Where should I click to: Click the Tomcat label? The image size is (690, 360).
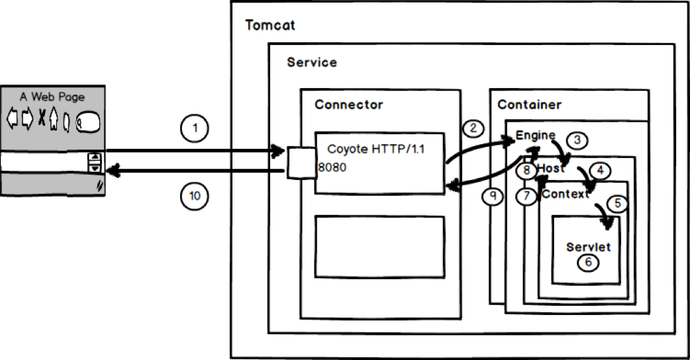point(270,26)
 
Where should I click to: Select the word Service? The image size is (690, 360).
point(311,62)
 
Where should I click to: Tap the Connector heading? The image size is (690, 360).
point(348,105)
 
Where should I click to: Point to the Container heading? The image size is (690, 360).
point(529,105)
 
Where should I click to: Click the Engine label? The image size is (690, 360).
point(535,136)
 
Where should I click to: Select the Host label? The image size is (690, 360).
point(551,169)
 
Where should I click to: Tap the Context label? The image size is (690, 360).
point(565,194)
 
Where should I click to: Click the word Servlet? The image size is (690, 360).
point(588,247)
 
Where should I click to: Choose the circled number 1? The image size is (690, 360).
point(193,130)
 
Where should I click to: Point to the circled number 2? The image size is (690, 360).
point(473,128)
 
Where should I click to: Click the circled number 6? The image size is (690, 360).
point(588,262)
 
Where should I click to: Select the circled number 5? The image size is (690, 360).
point(616,204)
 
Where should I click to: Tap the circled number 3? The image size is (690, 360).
point(577,140)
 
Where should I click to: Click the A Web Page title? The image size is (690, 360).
point(52,97)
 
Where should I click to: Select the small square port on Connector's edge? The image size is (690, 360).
point(299,163)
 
